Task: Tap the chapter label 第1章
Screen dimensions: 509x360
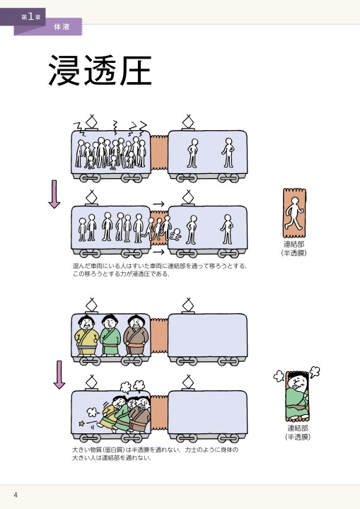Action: [x=30, y=16]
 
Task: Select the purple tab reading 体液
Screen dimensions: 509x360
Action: [x=62, y=26]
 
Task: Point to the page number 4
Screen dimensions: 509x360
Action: [x=15, y=494]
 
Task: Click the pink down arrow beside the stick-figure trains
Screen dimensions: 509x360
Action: [x=54, y=194]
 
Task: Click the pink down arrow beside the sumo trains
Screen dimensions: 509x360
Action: [x=59, y=375]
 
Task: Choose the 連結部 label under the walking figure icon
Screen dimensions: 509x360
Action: [x=294, y=244]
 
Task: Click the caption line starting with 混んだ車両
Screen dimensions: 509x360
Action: [x=160, y=266]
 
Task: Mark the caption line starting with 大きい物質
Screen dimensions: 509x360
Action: [x=155, y=450]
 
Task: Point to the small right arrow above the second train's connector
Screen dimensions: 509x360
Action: [x=158, y=204]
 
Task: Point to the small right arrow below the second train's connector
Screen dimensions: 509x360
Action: [x=158, y=252]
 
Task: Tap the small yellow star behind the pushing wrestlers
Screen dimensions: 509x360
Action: [x=82, y=423]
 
